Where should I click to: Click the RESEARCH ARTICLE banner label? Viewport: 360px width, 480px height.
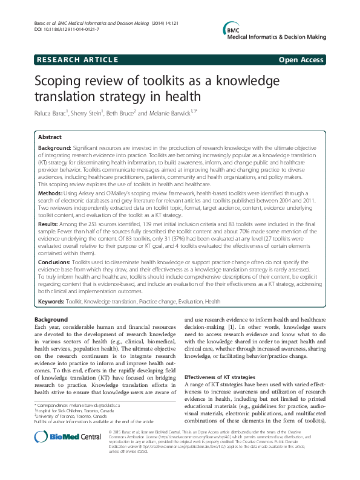pyautogui.click(x=77, y=59)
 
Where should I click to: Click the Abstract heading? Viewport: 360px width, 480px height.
pyautogui.click(x=50, y=137)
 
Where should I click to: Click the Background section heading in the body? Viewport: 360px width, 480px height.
pyautogui.click(x=51, y=319)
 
